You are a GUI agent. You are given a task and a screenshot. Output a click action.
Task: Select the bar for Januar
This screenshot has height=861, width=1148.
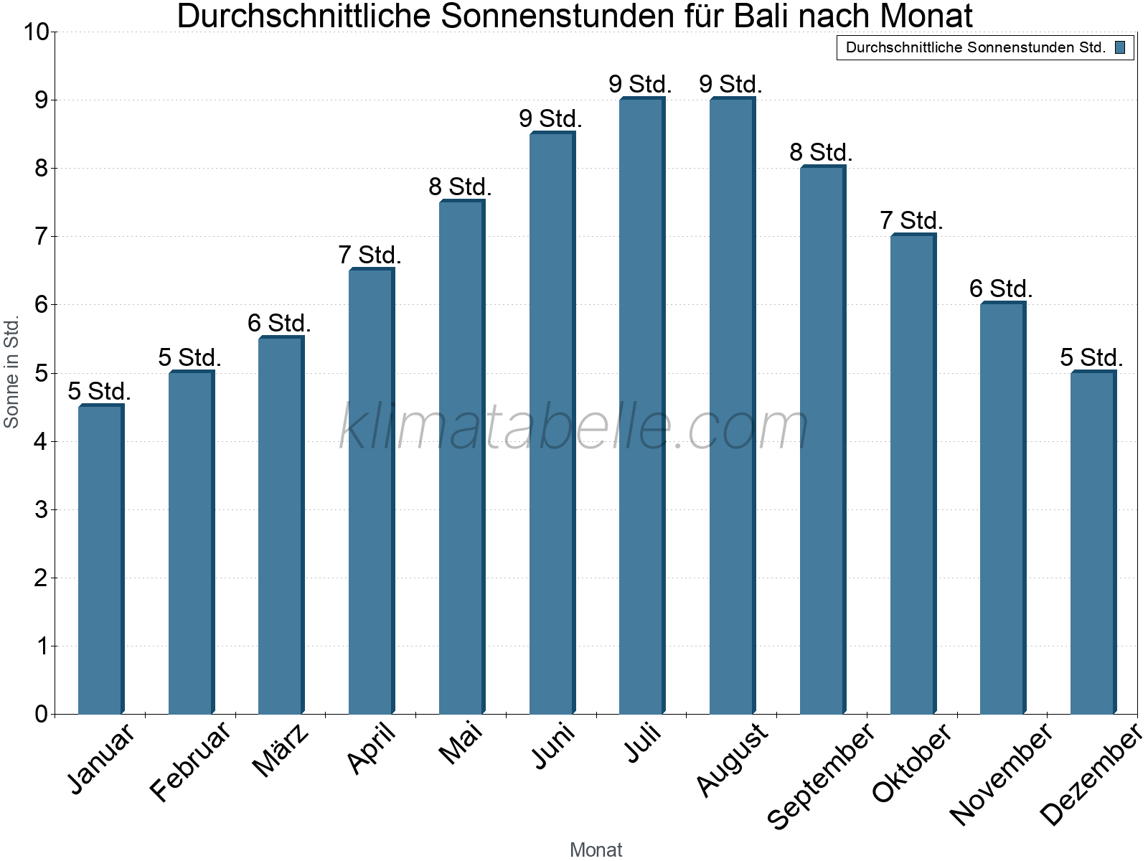click(100, 560)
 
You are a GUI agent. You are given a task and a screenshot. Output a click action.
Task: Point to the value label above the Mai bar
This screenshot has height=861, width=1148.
click(460, 187)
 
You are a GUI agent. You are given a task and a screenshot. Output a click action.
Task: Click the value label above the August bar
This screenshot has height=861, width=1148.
click(730, 85)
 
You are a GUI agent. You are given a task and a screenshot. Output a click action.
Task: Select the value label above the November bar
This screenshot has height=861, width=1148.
click(1001, 289)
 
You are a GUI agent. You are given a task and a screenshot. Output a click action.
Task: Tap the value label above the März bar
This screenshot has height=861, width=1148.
click(279, 324)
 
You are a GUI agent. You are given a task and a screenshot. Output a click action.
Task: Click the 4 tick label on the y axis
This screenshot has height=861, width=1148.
click(40, 442)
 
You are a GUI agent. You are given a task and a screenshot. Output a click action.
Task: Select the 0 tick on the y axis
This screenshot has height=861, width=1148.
click(40, 715)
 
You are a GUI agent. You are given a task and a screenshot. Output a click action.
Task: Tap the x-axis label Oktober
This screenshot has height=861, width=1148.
click(912, 762)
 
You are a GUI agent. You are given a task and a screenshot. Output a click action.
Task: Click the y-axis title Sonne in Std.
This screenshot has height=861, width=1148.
click(11, 373)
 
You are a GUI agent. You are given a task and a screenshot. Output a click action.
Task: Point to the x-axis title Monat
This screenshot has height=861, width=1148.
click(596, 850)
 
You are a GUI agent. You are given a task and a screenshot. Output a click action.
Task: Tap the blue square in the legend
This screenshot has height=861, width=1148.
click(1120, 48)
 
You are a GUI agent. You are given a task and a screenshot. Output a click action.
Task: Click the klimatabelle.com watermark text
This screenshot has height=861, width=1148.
click(574, 428)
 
